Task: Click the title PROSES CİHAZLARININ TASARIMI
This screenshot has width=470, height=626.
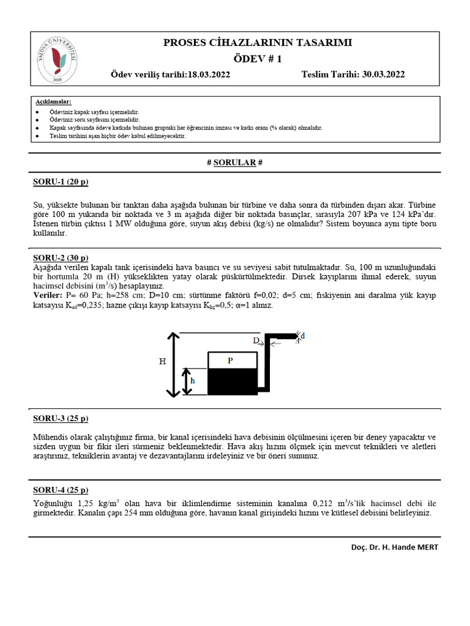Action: pos(258,43)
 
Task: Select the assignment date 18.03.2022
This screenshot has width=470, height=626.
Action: pos(204,75)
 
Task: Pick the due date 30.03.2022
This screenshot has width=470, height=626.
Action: pos(383,75)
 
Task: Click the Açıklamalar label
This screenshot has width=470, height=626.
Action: pos(53,101)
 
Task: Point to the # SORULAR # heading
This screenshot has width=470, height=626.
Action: pos(235,163)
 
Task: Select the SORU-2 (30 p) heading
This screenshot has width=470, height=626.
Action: pos(61,257)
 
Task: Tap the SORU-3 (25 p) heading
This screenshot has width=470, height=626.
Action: pos(61,418)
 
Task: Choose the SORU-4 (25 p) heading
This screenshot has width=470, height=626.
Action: pos(61,490)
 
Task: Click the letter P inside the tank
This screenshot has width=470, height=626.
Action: pos(230,361)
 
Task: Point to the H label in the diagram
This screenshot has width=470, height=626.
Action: pos(163,361)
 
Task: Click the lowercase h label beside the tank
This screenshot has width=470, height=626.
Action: pos(193,381)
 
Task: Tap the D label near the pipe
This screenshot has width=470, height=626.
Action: pos(256,341)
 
